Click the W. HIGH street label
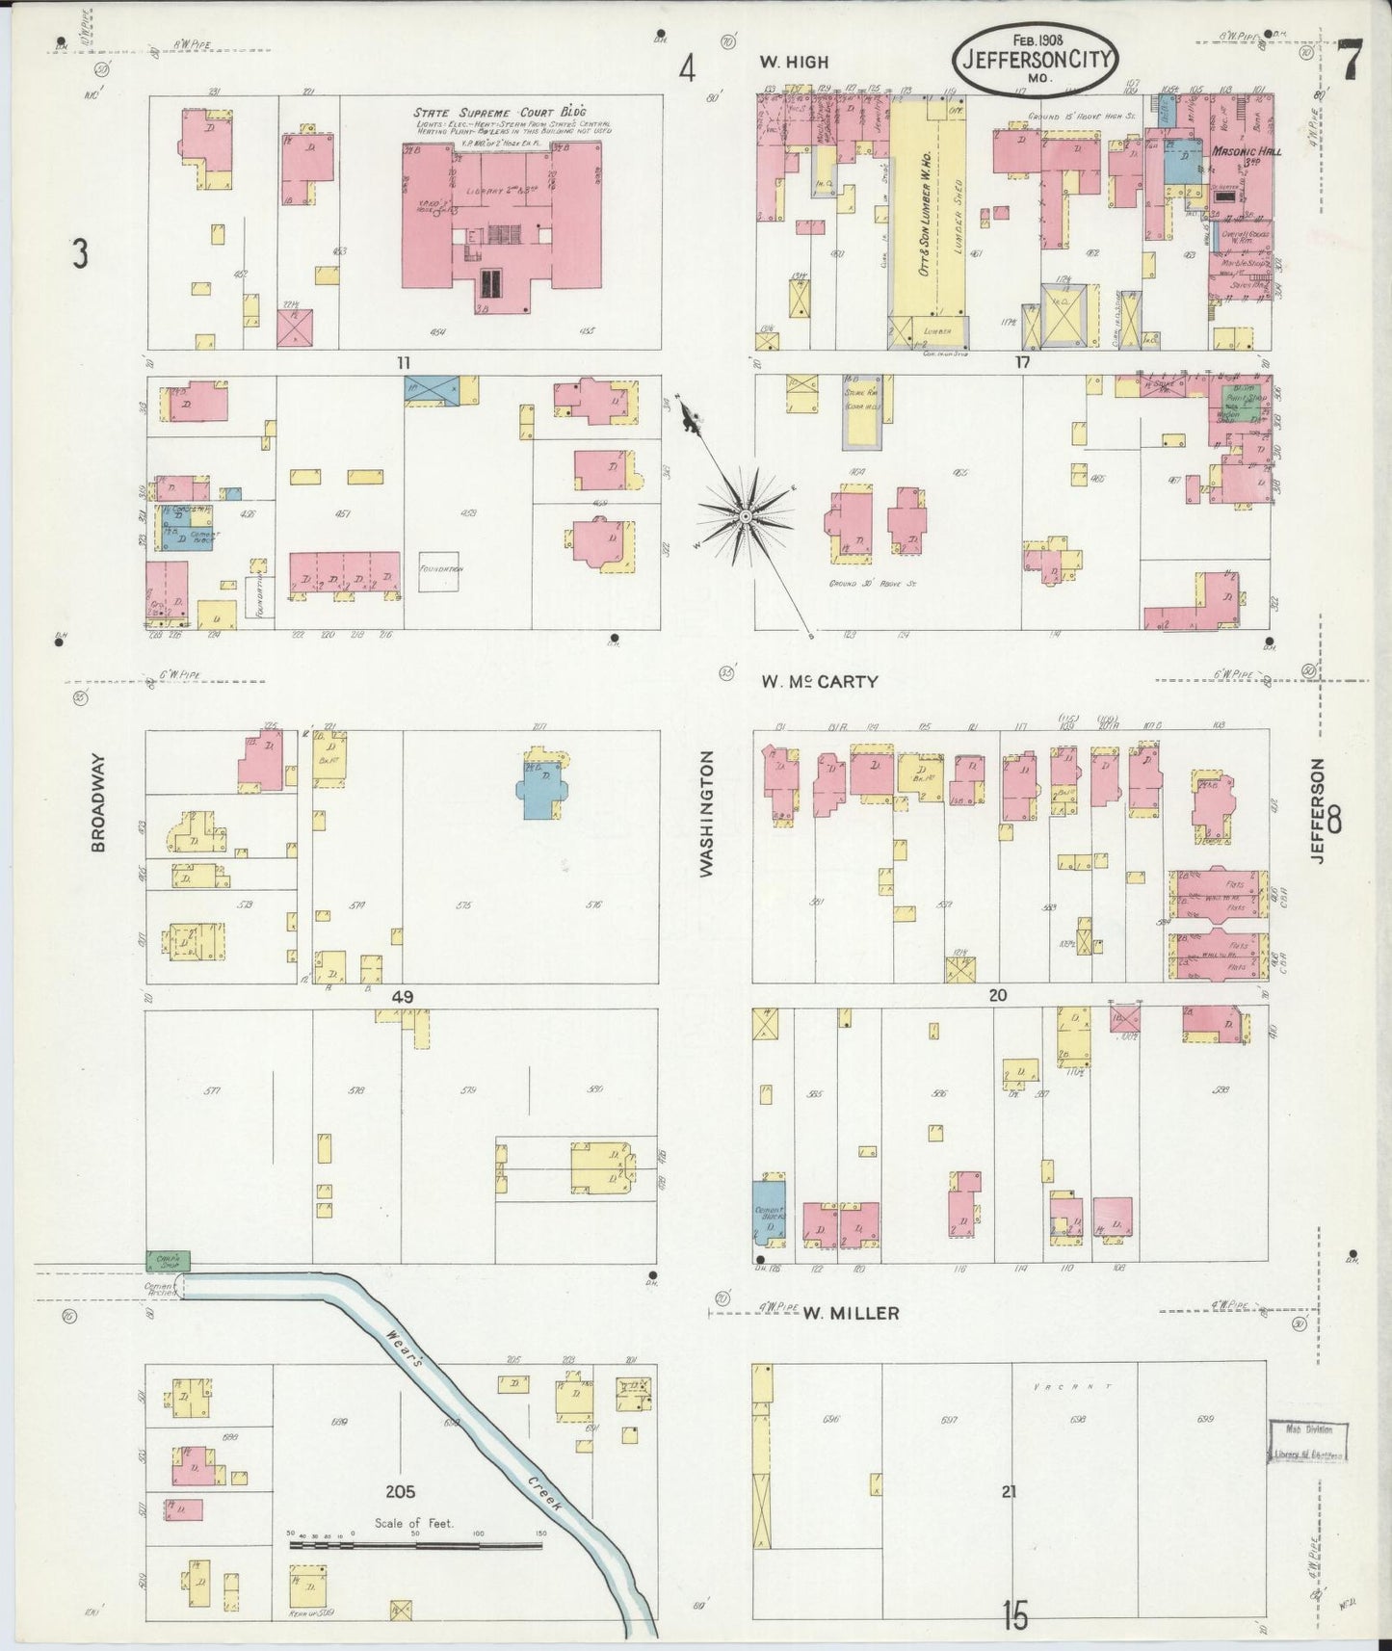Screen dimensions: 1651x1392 793,63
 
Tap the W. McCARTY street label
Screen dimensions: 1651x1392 819,681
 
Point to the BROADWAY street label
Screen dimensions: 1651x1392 98,802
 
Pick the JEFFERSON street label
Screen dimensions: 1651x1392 1318,809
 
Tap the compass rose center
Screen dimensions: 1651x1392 745,518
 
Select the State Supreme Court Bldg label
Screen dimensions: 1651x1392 500,113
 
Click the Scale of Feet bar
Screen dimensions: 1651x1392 414,1544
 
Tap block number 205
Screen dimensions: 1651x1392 400,1491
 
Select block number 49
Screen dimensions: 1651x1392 403,997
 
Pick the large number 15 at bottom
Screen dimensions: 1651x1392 1013,1614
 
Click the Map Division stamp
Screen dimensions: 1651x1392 1306,1440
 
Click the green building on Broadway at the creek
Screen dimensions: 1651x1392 168,1259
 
